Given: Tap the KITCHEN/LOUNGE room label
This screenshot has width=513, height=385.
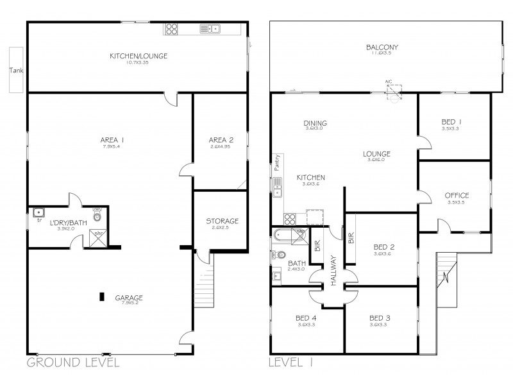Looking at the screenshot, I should click(x=139, y=56).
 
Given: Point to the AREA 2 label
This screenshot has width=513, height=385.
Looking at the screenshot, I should click(x=220, y=140).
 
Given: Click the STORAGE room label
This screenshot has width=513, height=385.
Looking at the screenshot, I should click(x=222, y=221).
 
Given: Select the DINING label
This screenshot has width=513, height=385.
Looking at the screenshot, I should click(x=315, y=123).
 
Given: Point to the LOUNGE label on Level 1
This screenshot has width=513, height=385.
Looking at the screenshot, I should click(x=376, y=153).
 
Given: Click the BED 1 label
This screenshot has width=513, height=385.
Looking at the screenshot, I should click(x=451, y=122).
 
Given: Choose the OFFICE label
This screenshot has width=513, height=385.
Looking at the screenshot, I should click(x=457, y=196).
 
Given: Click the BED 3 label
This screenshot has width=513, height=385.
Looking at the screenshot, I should click(x=380, y=318).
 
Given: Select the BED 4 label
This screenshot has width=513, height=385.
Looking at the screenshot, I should click(x=303, y=318).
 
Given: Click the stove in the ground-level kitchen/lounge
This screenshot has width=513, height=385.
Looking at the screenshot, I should click(x=172, y=28).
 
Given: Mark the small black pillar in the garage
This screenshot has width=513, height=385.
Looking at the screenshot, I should click(x=101, y=296).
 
